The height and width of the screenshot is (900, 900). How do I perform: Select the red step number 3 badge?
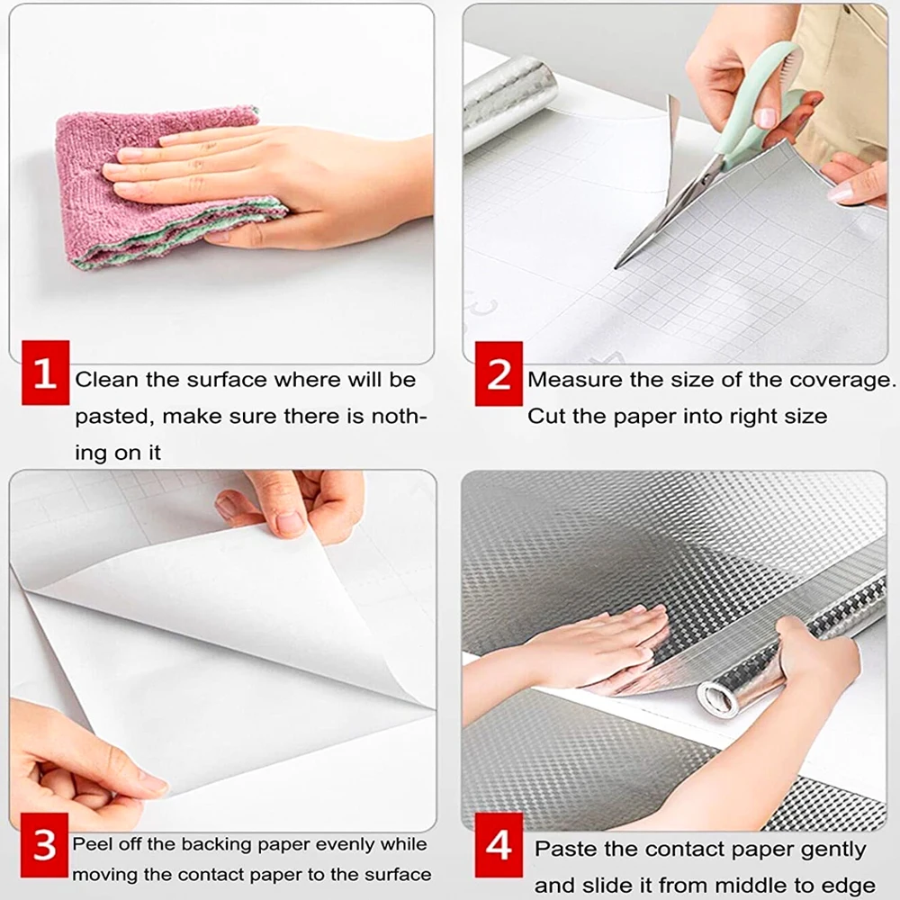pyautogui.click(x=44, y=847)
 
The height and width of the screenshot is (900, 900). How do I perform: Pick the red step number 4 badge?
pyautogui.click(x=498, y=847)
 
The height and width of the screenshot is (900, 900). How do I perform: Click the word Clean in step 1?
pyautogui.click(x=107, y=380)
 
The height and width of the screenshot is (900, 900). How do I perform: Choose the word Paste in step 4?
pyautogui.click(x=564, y=849)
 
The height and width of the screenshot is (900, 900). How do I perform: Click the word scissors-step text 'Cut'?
pyautogui.click(x=545, y=417)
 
